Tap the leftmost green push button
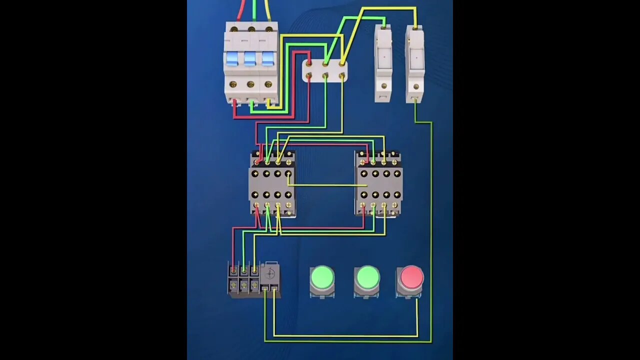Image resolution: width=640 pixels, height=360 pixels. point(322,278)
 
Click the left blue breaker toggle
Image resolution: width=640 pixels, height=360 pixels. point(232,58)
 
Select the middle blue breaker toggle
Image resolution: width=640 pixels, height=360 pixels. point(250,58)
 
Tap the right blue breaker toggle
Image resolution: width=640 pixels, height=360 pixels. point(268,58)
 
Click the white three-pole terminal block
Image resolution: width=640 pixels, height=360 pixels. point(325,70)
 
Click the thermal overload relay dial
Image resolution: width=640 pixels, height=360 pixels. point(270,273)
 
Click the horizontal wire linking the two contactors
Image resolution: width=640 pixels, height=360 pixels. point(327,185)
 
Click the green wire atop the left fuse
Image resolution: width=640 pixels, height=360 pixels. point(383,21)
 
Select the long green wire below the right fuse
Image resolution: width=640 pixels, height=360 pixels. point(431,225)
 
